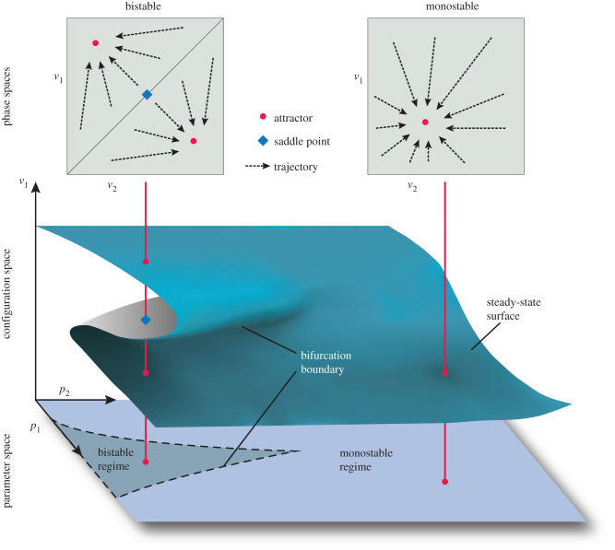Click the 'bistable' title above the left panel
[145, 6]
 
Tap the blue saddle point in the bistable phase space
[146, 95]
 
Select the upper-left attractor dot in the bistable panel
[95, 42]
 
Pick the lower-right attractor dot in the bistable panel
[194, 141]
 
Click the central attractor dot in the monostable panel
[425, 122]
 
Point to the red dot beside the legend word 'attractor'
[263, 117]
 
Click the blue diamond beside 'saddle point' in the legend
[263, 141]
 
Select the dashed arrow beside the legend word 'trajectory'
[263, 166]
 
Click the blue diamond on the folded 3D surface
[146, 320]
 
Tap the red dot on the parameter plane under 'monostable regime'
[445, 481]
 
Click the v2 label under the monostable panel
[412, 186]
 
